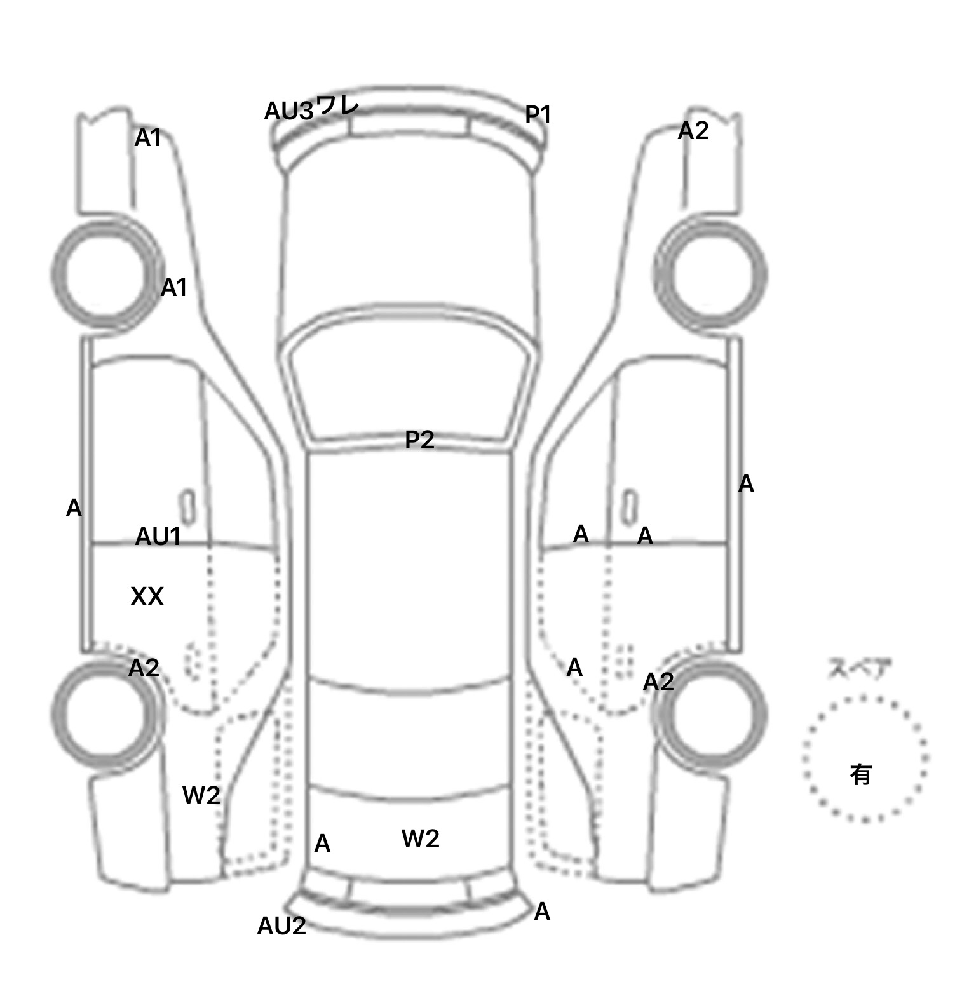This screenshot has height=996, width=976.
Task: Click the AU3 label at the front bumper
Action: click(x=289, y=112)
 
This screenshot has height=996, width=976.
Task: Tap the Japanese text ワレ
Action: click(x=337, y=105)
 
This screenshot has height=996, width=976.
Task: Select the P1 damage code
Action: click(x=538, y=115)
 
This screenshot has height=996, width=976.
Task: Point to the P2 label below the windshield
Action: click(x=419, y=440)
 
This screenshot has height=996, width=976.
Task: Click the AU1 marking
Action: click(x=158, y=537)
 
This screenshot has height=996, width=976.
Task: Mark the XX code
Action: click(x=147, y=596)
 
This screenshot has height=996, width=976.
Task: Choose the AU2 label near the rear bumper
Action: click(x=281, y=926)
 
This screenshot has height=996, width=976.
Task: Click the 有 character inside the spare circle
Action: click(x=861, y=774)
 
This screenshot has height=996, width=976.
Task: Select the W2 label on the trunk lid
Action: click(x=421, y=839)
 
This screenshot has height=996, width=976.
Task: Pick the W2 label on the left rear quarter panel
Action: click(x=201, y=795)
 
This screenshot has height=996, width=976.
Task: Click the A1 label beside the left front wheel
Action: click(x=173, y=288)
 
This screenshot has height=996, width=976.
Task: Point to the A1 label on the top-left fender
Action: click(x=147, y=138)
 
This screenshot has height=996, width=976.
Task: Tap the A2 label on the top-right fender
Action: click(x=693, y=131)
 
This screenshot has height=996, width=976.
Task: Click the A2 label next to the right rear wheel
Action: click(x=658, y=682)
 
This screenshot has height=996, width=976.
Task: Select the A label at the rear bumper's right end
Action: click(x=542, y=912)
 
